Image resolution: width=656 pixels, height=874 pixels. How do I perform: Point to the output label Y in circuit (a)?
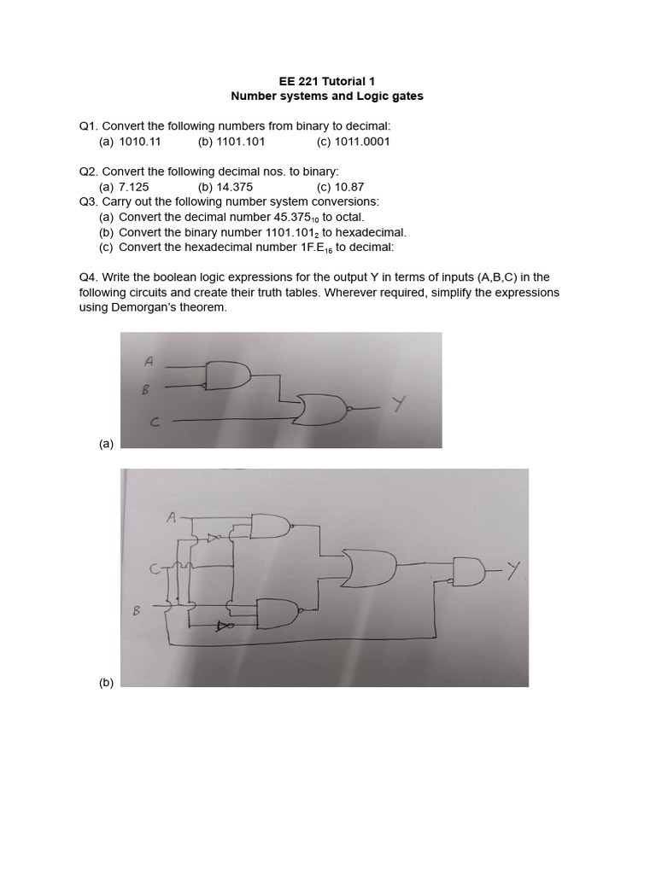coord(399,404)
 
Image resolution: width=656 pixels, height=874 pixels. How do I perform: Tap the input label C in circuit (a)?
coord(154,421)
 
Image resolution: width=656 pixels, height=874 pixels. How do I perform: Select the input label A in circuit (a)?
coord(149,361)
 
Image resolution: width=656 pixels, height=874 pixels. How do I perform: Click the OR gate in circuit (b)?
coord(369,567)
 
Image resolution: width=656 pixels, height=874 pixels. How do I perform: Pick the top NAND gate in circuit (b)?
coord(270,527)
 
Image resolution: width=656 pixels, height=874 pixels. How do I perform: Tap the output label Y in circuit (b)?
coord(512,570)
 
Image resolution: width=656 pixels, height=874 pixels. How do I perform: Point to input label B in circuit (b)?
coord(136,610)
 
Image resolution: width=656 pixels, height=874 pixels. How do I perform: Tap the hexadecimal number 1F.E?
coord(313,248)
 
